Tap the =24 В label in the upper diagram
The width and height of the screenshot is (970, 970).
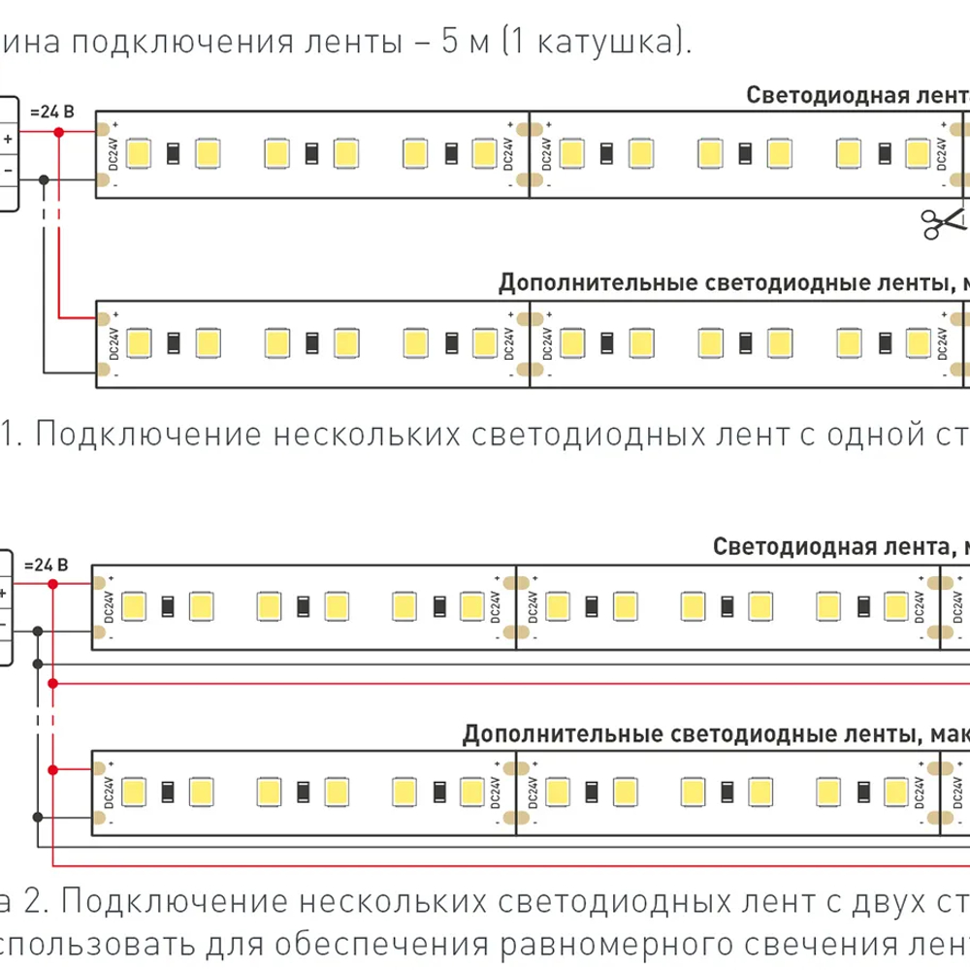point(51,111)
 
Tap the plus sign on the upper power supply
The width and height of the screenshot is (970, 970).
point(7,138)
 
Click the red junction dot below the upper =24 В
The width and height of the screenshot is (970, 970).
point(59,129)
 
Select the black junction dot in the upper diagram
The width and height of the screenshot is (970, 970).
point(44,178)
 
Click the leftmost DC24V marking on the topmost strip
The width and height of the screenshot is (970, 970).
point(111,153)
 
